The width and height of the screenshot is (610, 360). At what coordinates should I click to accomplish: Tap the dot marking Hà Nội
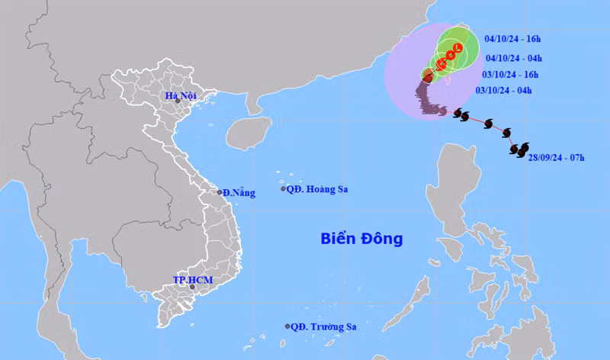coord(178,101)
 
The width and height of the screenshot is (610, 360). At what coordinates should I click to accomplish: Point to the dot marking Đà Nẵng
coord(220,192)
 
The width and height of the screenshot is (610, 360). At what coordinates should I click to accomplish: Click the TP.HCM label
coord(191,280)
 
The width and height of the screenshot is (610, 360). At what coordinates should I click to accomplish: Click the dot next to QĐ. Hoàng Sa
coord(284,189)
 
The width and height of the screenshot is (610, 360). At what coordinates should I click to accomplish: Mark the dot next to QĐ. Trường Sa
coord(287,326)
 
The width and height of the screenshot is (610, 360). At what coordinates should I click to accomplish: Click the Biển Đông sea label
coord(361,239)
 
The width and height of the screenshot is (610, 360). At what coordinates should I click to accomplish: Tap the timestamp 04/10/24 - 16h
coord(513,37)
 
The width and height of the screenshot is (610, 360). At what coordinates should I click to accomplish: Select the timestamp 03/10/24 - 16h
coord(510,74)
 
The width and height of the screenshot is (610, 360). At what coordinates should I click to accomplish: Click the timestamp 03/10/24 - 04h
coord(502,90)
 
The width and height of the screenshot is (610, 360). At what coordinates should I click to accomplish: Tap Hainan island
coord(249,133)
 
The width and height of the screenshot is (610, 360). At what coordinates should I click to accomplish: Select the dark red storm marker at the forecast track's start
coord(428,75)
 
